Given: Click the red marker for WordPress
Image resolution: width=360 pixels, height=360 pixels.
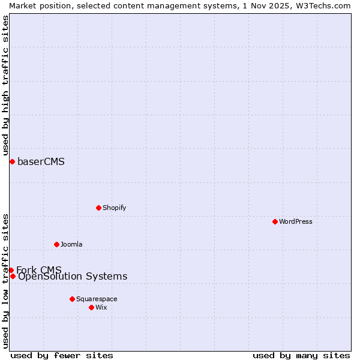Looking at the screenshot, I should click(x=275, y=221).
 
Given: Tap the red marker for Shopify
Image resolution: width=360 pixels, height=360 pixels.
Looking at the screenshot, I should click(x=98, y=208).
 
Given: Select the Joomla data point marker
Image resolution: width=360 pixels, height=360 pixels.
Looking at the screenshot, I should click(x=56, y=244).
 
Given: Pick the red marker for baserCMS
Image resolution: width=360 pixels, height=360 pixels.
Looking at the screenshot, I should click(x=12, y=161).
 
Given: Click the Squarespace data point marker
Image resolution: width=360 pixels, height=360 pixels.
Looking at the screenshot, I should click(x=72, y=299).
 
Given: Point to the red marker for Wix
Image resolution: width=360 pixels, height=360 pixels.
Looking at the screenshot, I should click(x=91, y=307).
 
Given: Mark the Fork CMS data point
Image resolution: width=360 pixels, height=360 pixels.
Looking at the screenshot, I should click(x=11, y=270).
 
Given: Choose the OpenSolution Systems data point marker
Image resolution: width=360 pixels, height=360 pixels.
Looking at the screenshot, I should click(x=13, y=276).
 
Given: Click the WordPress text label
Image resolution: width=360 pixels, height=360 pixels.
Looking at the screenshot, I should click(x=296, y=221).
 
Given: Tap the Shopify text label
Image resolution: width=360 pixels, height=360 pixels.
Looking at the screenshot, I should click(x=115, y=208).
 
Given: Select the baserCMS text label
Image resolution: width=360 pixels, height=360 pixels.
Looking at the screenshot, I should click(x=41, y=161).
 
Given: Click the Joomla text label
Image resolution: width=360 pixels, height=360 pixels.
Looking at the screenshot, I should click(x=71, y=244).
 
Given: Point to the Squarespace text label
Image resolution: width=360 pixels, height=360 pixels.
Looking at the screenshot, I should click(x=97, y=299).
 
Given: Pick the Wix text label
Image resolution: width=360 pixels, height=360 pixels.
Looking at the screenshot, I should click(x=101, y=307).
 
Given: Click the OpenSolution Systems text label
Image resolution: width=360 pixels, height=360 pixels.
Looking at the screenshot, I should click(x=73, y=276).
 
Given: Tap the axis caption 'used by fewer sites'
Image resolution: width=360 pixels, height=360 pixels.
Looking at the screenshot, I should click(x=62, y=355).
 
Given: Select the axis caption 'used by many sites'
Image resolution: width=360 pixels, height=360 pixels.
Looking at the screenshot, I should click(x=301, y=355).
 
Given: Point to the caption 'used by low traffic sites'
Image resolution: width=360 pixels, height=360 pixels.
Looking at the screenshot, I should click(x=5, y=281).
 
